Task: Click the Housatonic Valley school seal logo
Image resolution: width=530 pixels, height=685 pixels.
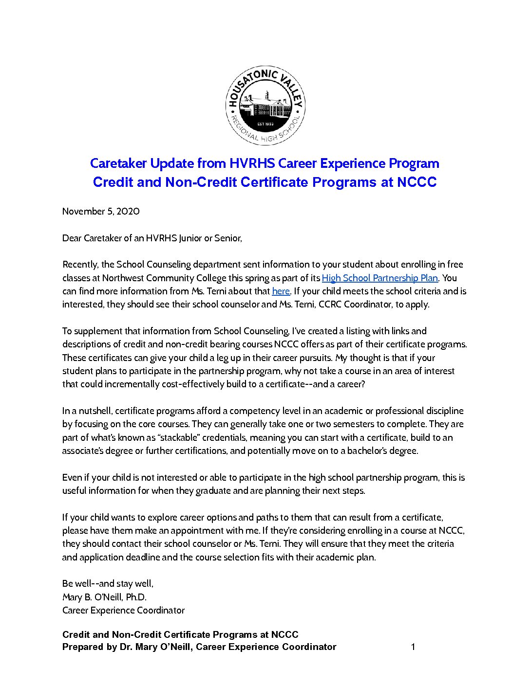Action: pyautogui.click(x=265, y=105)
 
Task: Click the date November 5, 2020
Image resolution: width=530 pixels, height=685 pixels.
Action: pyautogui.click(x=101, y=211)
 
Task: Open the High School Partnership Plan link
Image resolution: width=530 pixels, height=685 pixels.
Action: pyautogui.click(x=380, y=278)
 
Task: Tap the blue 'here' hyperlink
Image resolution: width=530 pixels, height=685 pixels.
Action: pyautogui.click(x=281, y=291)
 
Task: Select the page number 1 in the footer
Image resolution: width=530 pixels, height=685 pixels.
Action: pyautogui.click(x=413, y=647)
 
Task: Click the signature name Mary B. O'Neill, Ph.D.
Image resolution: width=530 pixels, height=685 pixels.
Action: pyautogui.click(x=104, y=597)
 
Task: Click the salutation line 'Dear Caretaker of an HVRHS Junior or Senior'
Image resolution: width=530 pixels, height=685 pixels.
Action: pyautogui.click(x=152, y=238)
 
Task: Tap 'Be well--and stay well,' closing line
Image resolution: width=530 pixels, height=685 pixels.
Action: pyautogui.click(x=108, y=583)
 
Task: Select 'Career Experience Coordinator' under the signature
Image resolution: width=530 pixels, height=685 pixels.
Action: pyautogui.click(x=123, y=610)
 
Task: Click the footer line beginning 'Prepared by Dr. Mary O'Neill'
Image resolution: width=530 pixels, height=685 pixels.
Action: pyautogui.click(x=199, y=647)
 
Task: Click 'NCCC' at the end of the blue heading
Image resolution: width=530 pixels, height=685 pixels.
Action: pyautogui.click(x=416, y=182)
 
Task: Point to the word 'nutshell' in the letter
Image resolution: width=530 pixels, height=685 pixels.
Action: pyautogui.click(x=95, y=411)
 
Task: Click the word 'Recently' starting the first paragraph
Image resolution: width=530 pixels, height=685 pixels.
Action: pyautogui.click(x=80, y=265)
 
